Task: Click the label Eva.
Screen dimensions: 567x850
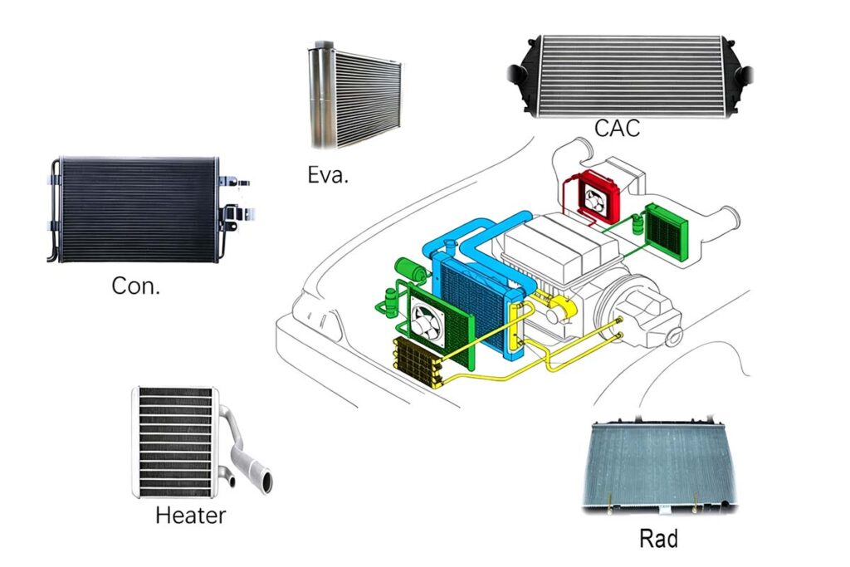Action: click(326, 175)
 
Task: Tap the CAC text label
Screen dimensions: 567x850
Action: click(616, 128)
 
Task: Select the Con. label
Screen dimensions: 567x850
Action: click(136, 287)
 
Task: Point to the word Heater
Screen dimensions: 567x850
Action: click(190, 516)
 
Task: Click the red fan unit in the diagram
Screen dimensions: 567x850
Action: click(594, 198)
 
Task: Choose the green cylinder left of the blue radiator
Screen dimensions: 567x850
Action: click(408, 267)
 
